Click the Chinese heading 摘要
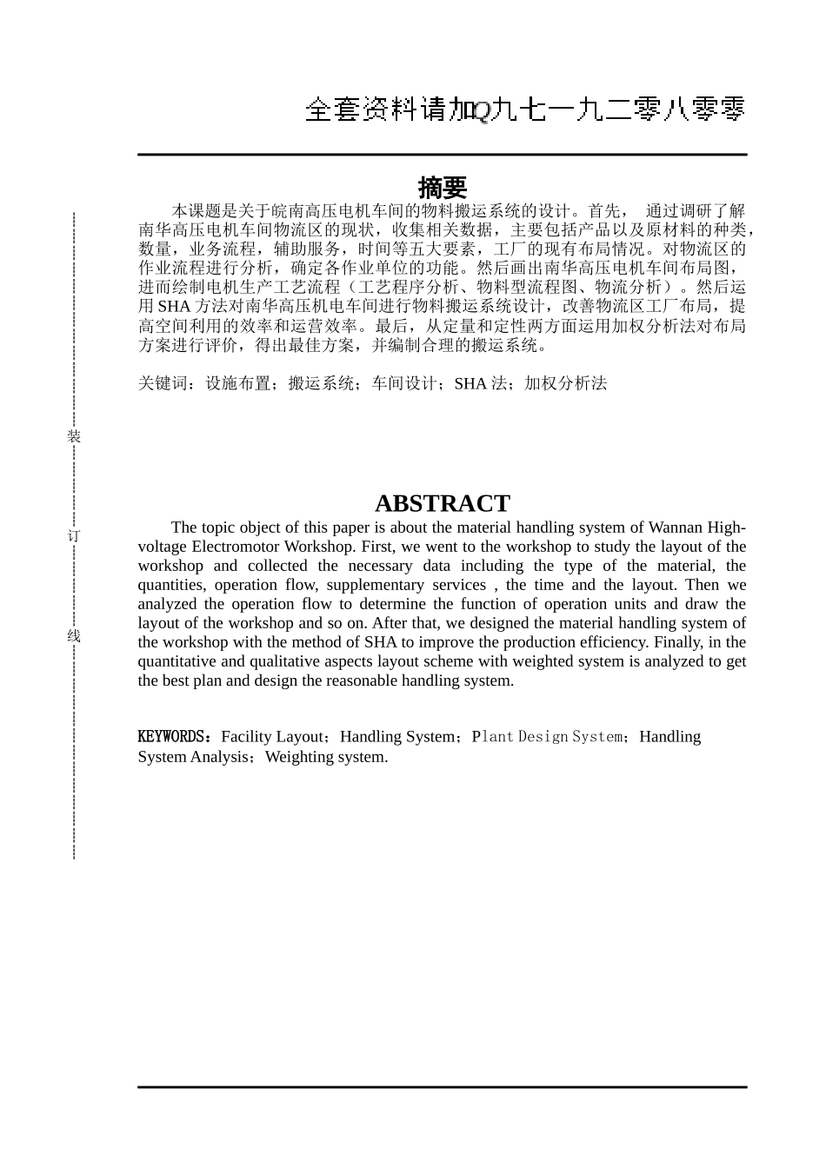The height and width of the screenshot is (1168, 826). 442,188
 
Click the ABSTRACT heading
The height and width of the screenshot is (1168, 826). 442,504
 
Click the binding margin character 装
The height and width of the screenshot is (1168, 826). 75,437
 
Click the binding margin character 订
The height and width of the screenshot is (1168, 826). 75,536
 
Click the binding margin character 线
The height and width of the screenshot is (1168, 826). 75,636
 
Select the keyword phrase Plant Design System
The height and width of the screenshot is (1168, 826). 547,737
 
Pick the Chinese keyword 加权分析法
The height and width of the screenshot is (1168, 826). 565,383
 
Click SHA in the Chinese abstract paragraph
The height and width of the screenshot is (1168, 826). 173,307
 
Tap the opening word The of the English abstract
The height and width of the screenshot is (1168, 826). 184,528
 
